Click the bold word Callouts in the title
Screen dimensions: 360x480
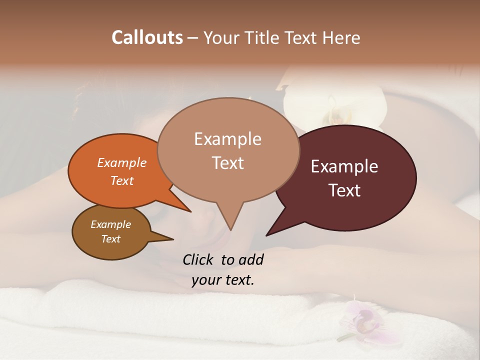147,37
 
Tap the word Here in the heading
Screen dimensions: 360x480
341,37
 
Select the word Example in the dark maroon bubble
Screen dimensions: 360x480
344,166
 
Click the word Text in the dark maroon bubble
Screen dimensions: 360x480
344,190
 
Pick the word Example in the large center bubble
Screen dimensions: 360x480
227,139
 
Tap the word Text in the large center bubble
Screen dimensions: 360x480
227,163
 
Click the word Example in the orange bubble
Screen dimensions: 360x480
122,162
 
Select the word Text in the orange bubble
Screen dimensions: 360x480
122,180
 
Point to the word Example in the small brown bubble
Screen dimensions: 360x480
111,224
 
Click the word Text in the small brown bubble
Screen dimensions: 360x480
111,239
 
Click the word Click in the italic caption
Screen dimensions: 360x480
198,259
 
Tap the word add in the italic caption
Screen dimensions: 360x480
250,259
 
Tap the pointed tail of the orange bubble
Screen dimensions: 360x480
189,210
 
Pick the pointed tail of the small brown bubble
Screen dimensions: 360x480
171,239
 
